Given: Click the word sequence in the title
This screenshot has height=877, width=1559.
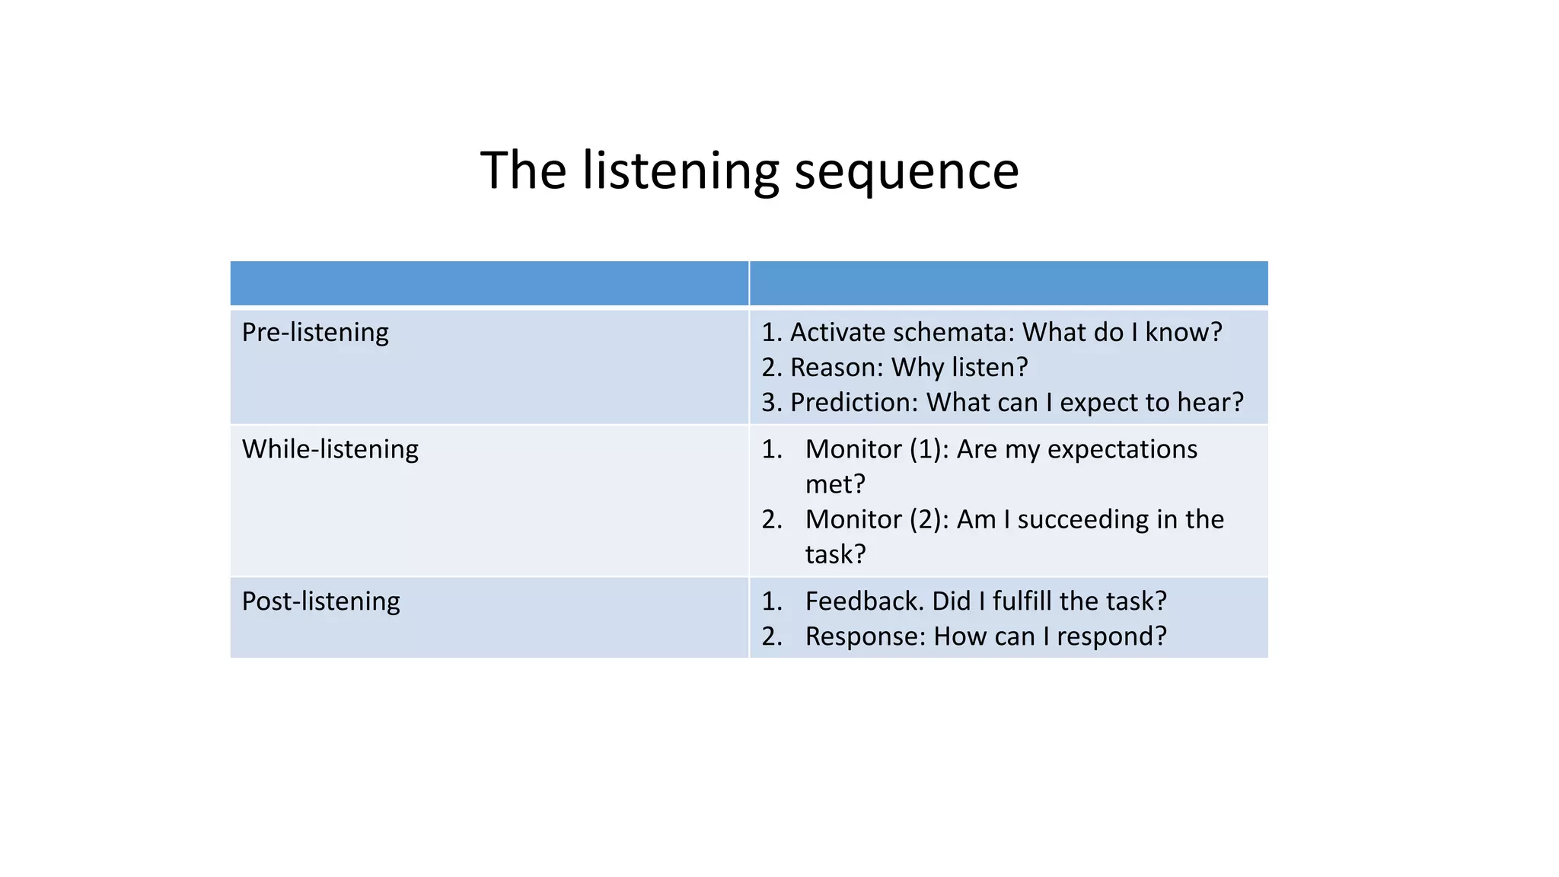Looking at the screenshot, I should coord(906,172).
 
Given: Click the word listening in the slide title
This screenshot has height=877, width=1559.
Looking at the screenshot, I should coord(681,172).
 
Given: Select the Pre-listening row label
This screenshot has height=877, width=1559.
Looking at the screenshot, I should coord(315,333).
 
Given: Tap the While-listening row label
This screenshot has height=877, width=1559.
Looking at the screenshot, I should coord(330,449).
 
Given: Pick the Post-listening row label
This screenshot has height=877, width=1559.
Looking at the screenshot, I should coord(320,601).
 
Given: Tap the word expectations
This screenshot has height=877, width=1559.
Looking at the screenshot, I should coord(1121,449).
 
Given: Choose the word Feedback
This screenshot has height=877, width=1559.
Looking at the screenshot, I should coord(863,601).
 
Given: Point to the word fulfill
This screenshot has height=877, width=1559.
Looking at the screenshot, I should coord(1022,601).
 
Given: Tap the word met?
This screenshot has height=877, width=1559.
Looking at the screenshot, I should coord(835,484).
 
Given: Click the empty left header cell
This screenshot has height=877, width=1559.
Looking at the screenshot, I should coord(489,283).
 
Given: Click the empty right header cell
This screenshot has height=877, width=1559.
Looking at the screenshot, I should coord(1008,283).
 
